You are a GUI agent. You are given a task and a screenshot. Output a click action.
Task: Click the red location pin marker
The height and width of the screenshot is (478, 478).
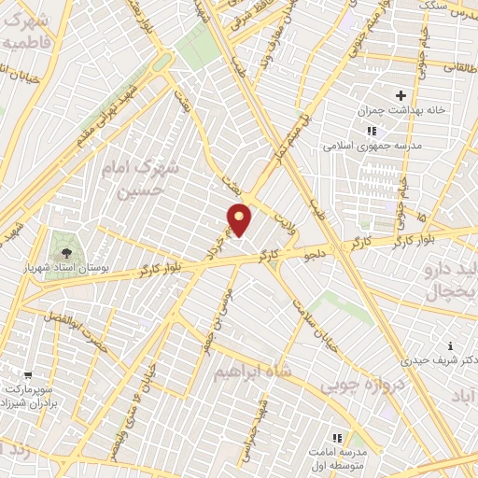(x=240, y=220)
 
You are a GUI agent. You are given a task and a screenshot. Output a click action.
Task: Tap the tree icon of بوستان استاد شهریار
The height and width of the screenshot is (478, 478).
(x=65, y=251)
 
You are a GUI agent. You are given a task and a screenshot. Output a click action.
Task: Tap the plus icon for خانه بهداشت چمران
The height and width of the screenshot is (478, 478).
(x=401, y=95)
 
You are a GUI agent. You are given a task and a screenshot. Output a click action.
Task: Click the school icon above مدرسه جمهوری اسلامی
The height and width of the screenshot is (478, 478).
(x=372, y=132)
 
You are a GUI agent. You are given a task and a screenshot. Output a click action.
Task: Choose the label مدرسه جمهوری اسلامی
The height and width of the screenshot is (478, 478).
(x=373, y=146)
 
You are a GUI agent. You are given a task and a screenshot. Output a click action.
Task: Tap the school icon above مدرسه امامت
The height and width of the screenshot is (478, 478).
(x=338, y=436)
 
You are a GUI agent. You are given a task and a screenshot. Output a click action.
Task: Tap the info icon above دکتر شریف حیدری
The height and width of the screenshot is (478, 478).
(x=450, y=345)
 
